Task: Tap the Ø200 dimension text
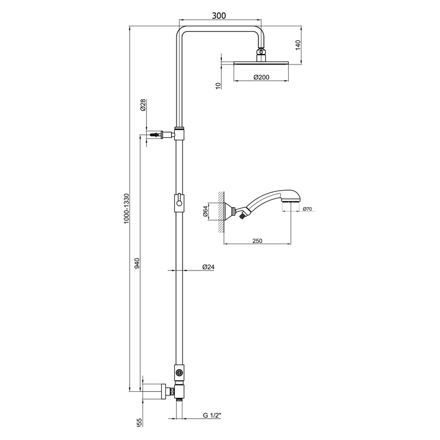tap(262, 77)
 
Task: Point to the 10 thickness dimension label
tap(218, 84)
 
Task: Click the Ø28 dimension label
tap(143, 106)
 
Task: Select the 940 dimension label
tap(137, 263)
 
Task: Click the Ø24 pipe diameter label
tap(208, 267)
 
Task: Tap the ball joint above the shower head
tap(262, 55)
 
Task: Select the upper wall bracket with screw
tap(158, 134)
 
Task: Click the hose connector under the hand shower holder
tap(241, 218)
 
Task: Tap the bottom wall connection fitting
tap(157, 390)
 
